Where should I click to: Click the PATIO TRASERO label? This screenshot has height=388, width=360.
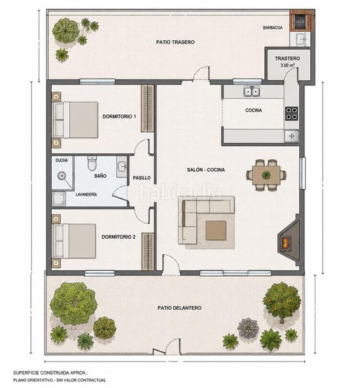click(175, 42)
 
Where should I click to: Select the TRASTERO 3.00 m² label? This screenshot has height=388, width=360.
click(288, 61)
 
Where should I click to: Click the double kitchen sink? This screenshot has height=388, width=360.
click(251, 91)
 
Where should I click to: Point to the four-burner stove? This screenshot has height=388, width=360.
click(291, 114)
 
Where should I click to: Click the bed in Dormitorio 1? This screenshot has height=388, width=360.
click(76, 120)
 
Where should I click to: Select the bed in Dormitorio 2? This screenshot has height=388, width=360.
click(74, 241)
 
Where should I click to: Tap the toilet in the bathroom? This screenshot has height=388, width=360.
click(92, 164)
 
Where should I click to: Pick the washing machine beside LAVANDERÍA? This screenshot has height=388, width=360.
click(59, 199)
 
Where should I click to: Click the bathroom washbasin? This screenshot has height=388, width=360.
click(122, 167)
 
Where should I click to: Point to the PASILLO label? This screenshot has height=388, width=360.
click(142, 178)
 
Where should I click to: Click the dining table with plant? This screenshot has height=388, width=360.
click(266, 175)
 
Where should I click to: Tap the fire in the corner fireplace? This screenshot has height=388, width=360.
click(285, 242)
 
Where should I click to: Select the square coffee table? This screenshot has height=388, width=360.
click(216, 230)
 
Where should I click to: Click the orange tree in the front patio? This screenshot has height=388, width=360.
click(282, 303)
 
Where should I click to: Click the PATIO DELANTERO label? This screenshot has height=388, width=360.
click(180, 308)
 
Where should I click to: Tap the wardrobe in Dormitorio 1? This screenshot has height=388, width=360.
click(147, 109)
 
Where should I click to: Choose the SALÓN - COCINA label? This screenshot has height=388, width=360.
click(206, 169)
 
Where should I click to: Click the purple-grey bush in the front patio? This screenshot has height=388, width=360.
click(248, 328)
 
